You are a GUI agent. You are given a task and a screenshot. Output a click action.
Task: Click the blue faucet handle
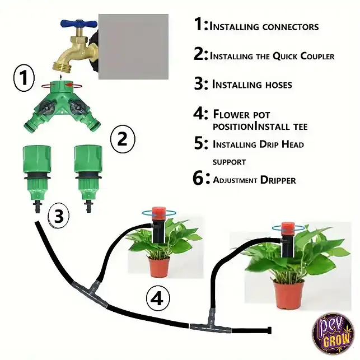click(78, 23)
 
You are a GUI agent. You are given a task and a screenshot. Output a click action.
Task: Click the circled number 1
click(24, 78)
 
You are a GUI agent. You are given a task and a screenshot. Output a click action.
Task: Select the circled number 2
click(123, 139)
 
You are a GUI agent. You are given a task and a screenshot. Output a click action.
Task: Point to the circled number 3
click(59, 216)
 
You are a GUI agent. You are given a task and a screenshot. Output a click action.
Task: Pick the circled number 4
click(158, 298)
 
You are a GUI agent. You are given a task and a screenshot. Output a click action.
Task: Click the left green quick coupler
click(37, 178)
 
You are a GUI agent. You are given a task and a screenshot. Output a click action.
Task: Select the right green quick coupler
click(88, 178)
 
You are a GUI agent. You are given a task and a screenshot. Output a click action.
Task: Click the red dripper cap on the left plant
click(159, 212)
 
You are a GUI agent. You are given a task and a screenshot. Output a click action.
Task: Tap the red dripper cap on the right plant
click(288, 227)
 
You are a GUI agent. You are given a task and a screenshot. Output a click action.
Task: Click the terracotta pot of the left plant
click(159, 267)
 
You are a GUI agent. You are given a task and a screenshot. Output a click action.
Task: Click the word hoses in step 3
click(278, 85)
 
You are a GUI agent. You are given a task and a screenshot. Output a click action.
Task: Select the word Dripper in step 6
click(278, 180)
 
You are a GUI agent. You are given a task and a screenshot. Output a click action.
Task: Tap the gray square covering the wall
click(133, 46)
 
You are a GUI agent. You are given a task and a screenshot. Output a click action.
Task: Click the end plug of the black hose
click(269, 330)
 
